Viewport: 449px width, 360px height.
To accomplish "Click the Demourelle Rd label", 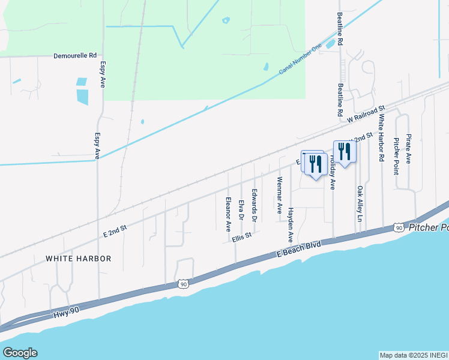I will (x=75, y=55).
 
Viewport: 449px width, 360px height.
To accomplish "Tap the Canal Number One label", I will (x=300, y=62).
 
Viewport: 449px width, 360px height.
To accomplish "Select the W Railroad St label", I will (x=366, y=115).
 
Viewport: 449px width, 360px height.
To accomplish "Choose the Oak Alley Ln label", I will (x=360, y=204).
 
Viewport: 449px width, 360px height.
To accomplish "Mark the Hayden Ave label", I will (x=291, y=224).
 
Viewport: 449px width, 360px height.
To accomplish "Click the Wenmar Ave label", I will (x=279, y=195).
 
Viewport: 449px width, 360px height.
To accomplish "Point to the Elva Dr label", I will (x=241, y=210).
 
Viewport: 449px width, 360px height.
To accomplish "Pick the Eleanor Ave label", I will (x=228, y=214).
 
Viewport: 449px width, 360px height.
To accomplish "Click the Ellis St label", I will (x=241, y=238).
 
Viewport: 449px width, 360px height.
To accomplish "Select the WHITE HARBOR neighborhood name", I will (x=79, y=259).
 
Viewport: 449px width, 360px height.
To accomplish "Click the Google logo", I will (x=20, y=353).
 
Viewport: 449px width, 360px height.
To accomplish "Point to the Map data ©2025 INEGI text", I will (x=413, y=355).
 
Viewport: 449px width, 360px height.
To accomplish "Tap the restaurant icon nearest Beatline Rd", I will (x=344, y=150).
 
